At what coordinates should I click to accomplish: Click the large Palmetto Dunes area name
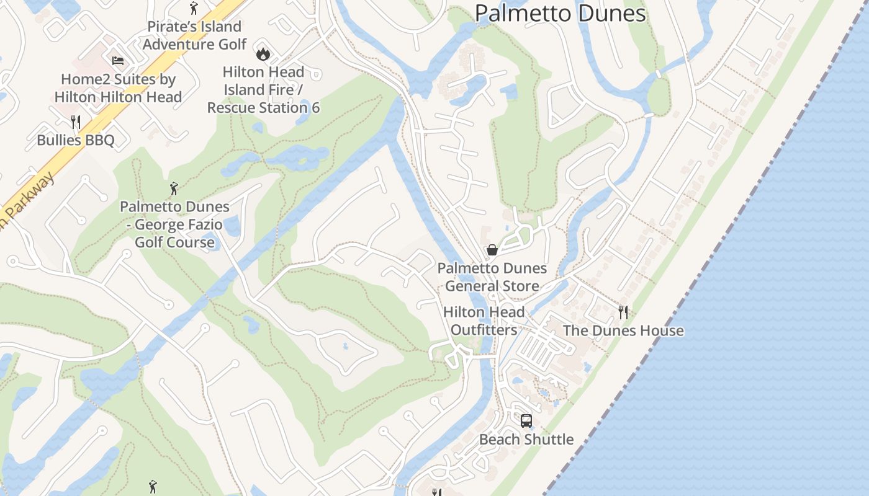(560, 13)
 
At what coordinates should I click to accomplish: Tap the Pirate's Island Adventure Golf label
(194, 35)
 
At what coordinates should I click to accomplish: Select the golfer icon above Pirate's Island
(194, 8)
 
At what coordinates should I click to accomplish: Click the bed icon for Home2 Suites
(118, 60)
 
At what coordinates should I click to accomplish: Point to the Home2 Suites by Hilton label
(118, 88)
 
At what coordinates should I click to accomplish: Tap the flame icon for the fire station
(263, 54)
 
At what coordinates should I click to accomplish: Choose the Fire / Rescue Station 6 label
(263, 90)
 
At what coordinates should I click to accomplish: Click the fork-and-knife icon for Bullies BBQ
(76, 122)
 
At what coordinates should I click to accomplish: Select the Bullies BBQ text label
(76, 140)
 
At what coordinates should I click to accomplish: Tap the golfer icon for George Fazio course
(174, 188)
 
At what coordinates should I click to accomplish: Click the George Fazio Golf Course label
(174, 224)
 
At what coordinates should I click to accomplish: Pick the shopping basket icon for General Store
(492, 250)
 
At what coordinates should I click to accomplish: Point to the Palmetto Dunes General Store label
(492, 277)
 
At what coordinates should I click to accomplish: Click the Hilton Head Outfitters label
(484, 321)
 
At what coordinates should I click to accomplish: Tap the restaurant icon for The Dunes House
(623, 312)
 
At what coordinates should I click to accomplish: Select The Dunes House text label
(623, 330)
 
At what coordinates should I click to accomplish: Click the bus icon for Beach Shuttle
(526, 421)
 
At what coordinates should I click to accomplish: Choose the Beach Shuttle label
(526, 440)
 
